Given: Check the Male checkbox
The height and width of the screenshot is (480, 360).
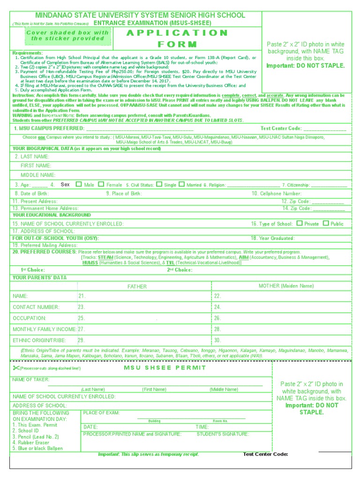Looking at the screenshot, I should (x=79, y=184).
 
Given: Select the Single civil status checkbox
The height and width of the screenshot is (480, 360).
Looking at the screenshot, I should (x=159, y=184).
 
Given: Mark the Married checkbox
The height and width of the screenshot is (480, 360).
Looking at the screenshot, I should (x=182, y=184).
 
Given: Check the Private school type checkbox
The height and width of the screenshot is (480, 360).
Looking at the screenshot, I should (x=300, y=223).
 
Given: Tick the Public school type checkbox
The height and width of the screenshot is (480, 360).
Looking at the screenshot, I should (x=326, y=223).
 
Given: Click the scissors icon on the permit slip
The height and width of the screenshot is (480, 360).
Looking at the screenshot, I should (x=15, y=368).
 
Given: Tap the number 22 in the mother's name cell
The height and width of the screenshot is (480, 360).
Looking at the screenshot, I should (x=217, y=296).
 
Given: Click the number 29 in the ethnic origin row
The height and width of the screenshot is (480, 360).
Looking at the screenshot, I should (x=81, y=340).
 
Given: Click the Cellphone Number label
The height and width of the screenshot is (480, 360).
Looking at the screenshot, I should (x=277, y=193).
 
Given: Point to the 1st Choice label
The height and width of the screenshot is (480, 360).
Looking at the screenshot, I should (x=33, y=270).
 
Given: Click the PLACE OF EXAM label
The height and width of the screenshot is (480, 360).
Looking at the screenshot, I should (x=101, y=413).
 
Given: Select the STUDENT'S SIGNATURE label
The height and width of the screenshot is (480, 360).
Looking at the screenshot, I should (x=223, y=435).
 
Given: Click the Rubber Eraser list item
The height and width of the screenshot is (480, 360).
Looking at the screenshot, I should (x=30, y=442).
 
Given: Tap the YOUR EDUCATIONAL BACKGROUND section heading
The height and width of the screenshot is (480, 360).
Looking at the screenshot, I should (x=52, y=215).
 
